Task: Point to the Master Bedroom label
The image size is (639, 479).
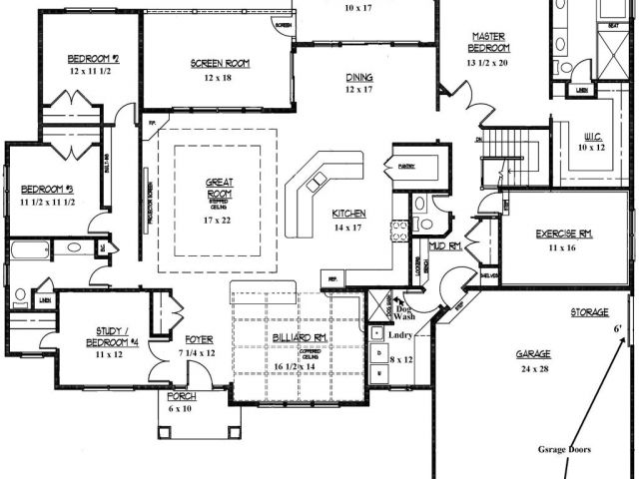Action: [491, 42]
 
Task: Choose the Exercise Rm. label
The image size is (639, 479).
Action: [564, 234]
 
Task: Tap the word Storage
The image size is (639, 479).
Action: [589, 312]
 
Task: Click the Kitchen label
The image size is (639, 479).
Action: [349, 214]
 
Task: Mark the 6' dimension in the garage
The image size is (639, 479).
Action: [617, 328]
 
